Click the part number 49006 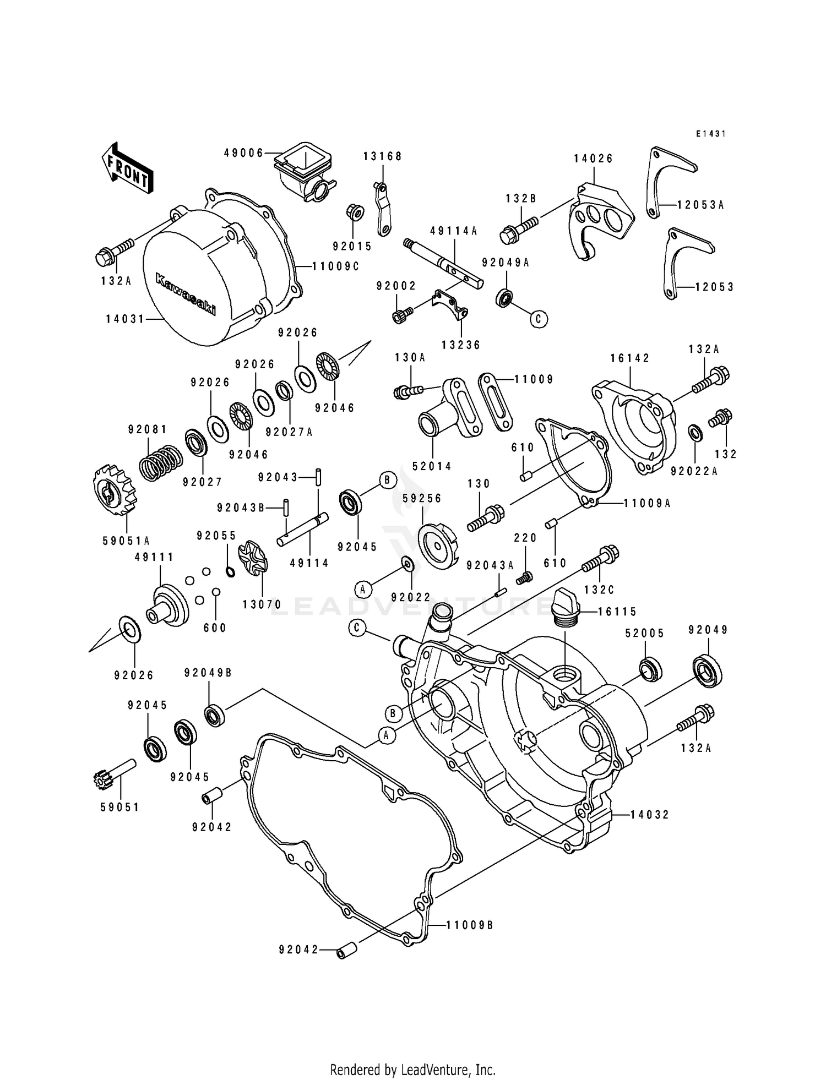[243, 153]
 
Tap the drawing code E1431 [710, 134]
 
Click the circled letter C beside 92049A [539, 318]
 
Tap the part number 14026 [593, 159]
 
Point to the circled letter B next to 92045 [387, 480]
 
